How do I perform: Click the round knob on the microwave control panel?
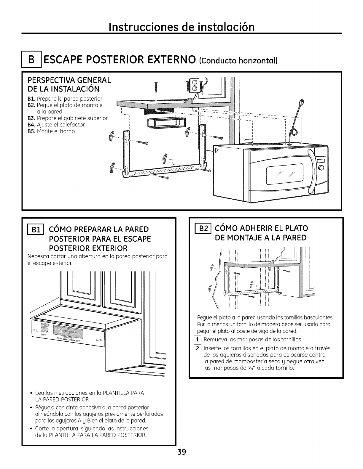[x=321, y=168]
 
